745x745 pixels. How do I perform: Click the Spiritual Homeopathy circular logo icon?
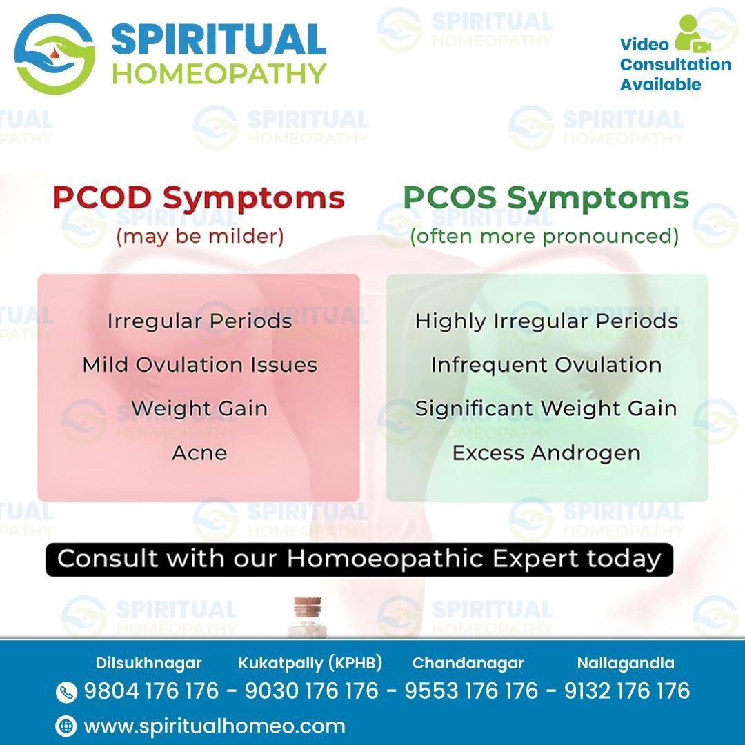point(54,54)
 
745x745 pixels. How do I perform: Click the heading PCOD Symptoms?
point(199,198)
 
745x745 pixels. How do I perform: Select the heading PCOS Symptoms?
point(546,198)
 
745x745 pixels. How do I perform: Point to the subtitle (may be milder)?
point(199,236)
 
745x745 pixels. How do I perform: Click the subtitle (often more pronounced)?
point(544,236)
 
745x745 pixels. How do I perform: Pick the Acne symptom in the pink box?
point(199,453)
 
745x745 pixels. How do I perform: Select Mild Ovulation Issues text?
point(199,365)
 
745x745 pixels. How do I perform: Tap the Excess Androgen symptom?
point(546,453)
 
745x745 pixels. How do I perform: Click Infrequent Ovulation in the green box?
point(546,365)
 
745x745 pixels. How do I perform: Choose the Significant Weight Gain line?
point(546,408)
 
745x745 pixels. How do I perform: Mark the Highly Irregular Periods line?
point(546,321)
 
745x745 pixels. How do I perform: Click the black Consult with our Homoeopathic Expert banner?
point(359,559)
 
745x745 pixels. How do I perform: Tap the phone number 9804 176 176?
point(152,691)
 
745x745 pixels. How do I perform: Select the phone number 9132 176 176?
point(627,691)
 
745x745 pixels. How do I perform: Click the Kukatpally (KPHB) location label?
point(310,663)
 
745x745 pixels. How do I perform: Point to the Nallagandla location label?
point(626,663)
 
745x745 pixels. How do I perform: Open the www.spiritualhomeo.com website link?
point(215,726)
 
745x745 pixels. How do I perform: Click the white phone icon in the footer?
point(66,693)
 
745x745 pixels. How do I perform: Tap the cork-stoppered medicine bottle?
point(308,616)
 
